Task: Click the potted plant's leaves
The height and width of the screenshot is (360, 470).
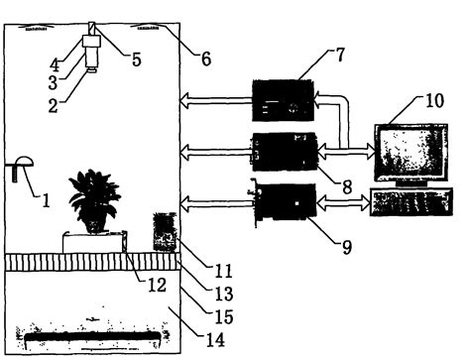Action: point(94,188)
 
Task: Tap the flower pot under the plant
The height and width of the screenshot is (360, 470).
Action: point(94,220)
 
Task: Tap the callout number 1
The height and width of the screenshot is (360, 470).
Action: point(45,197)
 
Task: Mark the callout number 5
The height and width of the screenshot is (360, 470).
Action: point(136,60)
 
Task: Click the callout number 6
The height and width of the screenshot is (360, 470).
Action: point(205,60)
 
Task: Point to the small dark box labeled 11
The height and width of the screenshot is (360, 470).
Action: point(164,232)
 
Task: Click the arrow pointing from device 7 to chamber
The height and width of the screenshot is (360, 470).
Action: point(213,100)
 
